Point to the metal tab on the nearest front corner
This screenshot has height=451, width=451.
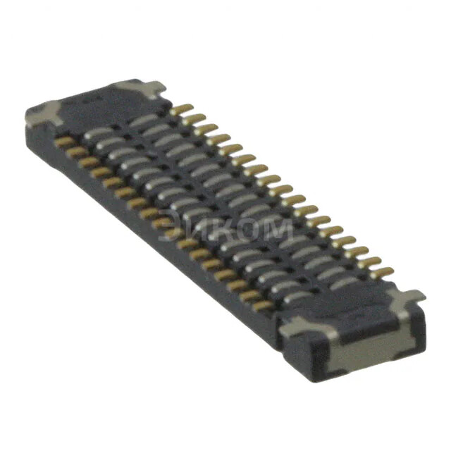tap(299, 326)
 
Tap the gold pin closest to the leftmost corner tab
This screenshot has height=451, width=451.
tap(66, 142)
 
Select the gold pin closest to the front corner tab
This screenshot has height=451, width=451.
tap(262, 306)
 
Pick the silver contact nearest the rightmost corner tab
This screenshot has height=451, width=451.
tap(345, 283)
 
